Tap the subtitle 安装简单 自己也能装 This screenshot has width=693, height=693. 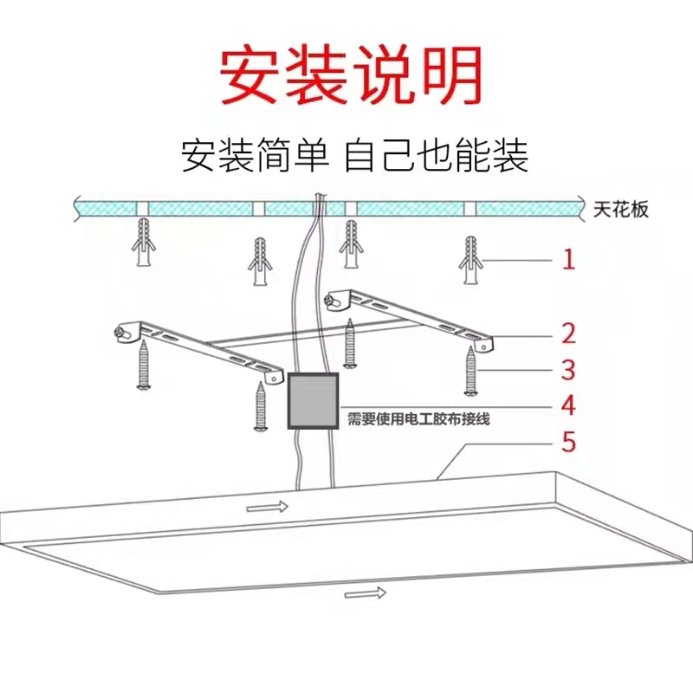click(x=354, y=156)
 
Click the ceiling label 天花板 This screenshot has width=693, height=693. click(x=622, y=210)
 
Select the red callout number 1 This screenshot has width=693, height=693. click(x=568, y=259)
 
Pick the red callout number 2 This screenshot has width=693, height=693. click(x=568, y=333)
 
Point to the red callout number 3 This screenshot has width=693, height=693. click(x=568, y=370)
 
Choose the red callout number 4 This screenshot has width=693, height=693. click(x=568, y=405)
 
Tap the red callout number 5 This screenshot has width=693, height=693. click(x=568, y=443)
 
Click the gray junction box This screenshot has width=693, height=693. click(x=313, y=402)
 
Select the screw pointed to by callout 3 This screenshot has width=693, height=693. click(x=470, y=369)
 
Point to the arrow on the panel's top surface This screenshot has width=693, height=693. click(x=267, y=506)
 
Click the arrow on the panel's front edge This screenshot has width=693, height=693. click(x=366, y=593)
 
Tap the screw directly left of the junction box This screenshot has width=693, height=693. click(x=260, y=405)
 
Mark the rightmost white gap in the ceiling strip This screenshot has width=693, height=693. click(x=470, y=209)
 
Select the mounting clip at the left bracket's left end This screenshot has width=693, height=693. click(x=125, y=329)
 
